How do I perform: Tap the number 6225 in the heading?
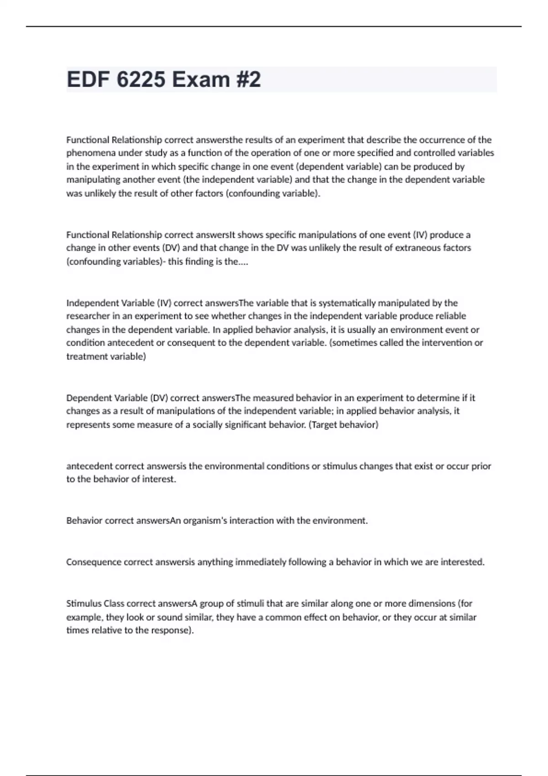[x=141, y=79]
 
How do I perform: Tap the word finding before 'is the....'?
[x=200, y=262]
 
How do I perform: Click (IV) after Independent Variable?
[x=164, y=303]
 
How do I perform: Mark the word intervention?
[x=439, y=343]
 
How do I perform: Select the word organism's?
[x=205, y=521]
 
